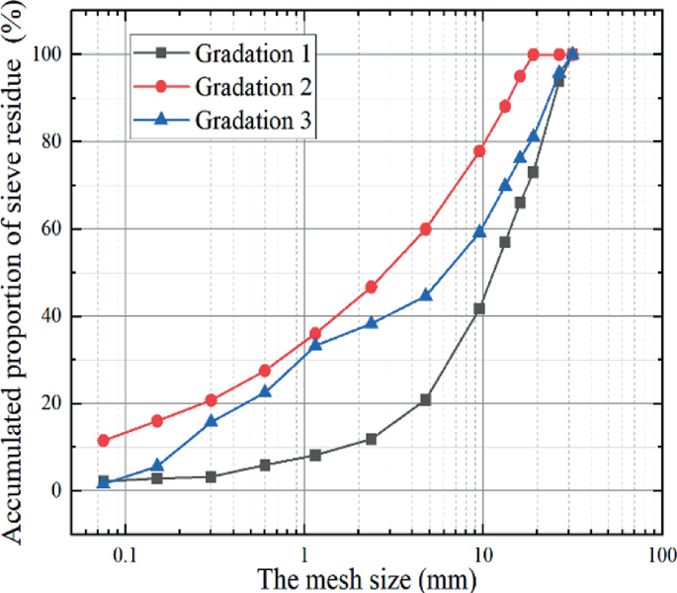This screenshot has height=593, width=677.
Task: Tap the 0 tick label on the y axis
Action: click(57, 491)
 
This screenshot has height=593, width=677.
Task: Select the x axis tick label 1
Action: click(303, 554)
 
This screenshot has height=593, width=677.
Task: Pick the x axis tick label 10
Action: click(481, 554)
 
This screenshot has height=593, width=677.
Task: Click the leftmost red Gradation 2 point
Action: click(104, 441)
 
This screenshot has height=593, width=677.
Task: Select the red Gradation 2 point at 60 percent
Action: click(426, 228)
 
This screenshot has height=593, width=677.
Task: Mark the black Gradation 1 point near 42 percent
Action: click(480, 308)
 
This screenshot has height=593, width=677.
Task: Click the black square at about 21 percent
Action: click(426, 400)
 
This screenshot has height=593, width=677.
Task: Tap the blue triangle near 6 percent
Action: click(156, 466)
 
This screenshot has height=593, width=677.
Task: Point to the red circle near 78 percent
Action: click(480, 151)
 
